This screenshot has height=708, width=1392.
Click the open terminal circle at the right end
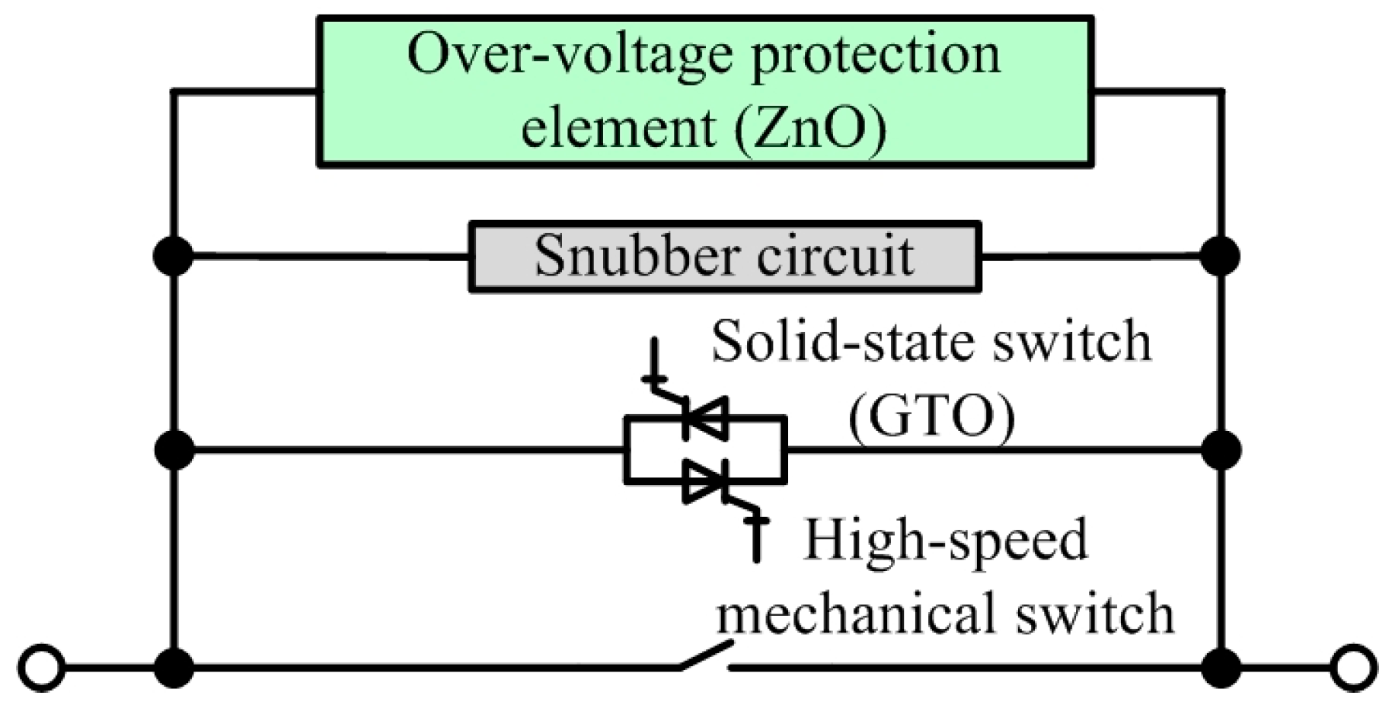coord(1354,668)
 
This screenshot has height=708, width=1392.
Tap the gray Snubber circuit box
coord(724,257)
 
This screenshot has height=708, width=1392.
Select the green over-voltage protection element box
coord(705,91)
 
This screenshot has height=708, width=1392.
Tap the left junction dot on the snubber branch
coord(174,257)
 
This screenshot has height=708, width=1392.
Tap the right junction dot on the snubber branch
coord(1221,257)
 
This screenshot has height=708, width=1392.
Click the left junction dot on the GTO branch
coord(174,450)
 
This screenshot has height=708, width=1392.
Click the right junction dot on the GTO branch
coord(1221,450)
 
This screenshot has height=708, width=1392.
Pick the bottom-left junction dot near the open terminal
coord(174,668)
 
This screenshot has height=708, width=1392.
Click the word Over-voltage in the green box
coord(571,55)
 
